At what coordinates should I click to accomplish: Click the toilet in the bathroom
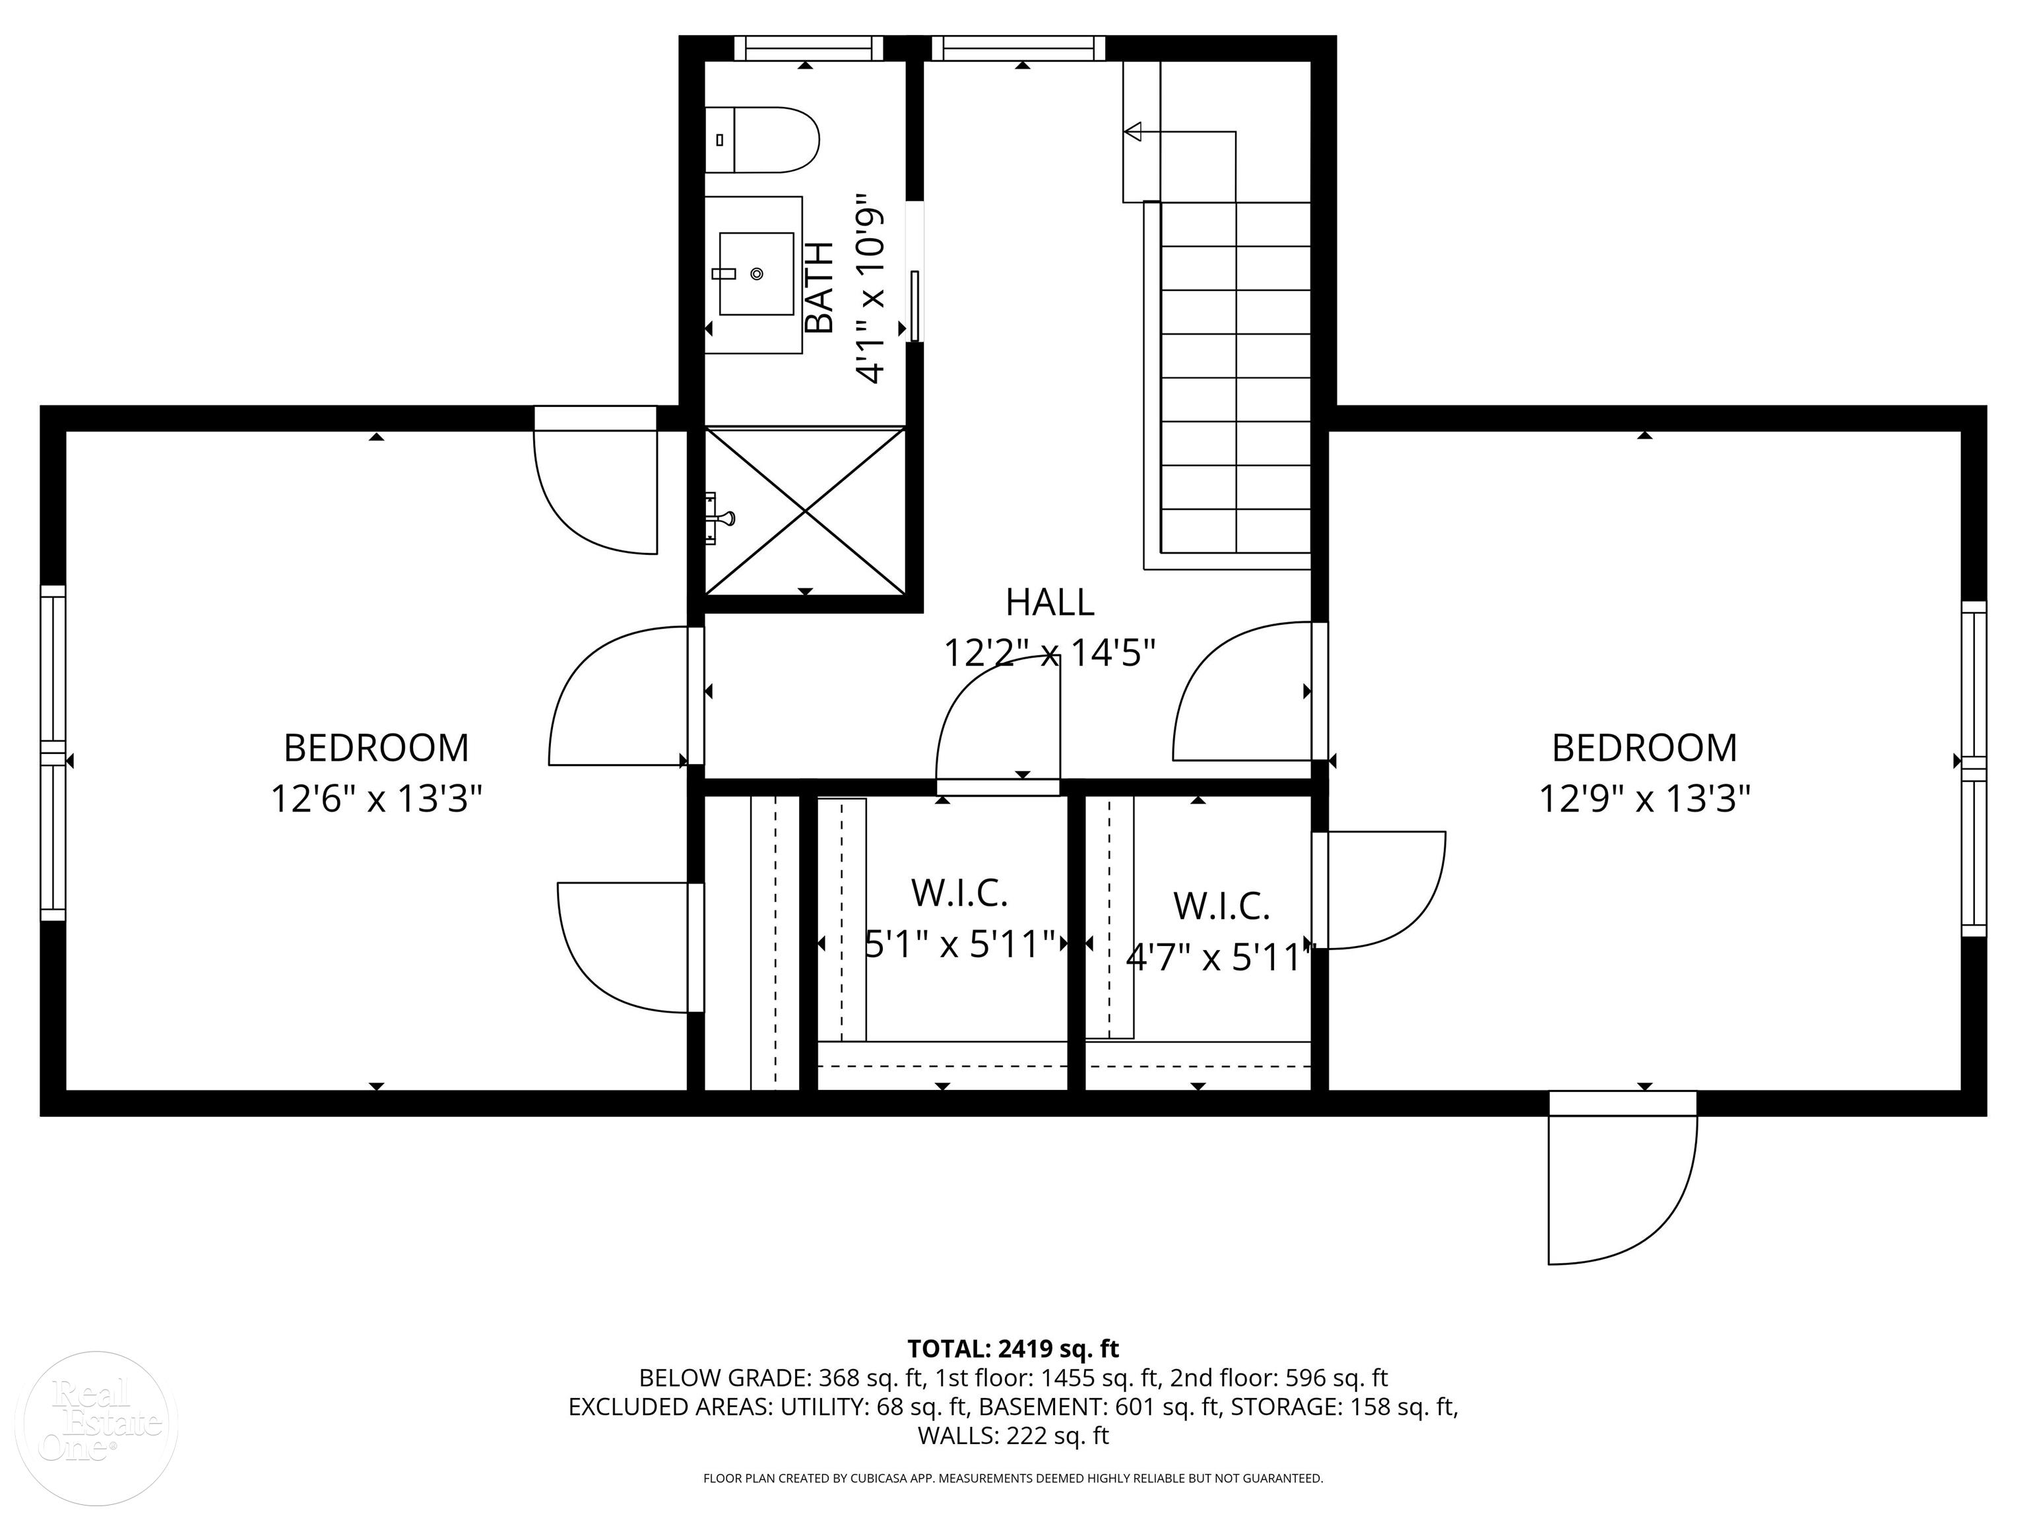pos(762,140)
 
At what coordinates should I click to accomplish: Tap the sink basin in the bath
pos(756,273)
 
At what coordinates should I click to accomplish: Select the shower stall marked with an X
pos(804,511)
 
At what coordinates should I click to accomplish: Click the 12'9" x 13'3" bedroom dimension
pos(1644,799)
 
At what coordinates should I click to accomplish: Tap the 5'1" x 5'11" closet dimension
pos(960,943)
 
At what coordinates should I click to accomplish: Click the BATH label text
pos(818,287)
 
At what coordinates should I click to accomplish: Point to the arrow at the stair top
pos(1134,132)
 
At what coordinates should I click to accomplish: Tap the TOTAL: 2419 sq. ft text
pos(1013,1348)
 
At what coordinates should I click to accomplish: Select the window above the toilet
pos(806,47)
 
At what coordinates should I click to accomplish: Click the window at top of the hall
pos(1018,47)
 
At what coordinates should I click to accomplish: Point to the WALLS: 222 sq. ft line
pos(1013,1436)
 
